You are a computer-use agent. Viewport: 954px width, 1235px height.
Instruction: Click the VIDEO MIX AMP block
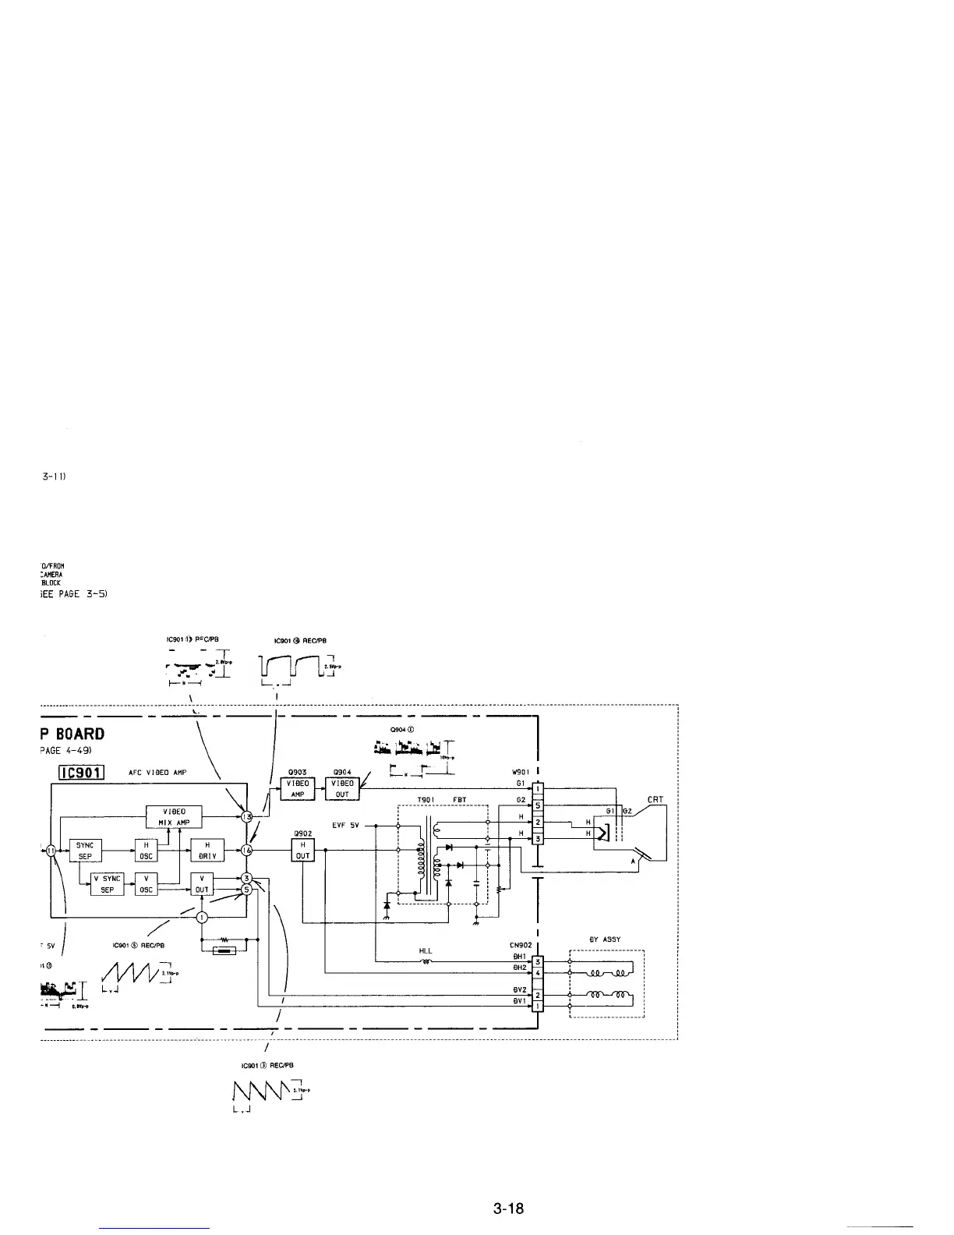pyautogui.click(x=174, y=817)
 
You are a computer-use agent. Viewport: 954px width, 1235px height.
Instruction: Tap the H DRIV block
pyautogui.click(x=207, y=850)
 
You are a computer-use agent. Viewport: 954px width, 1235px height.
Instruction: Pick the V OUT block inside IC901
pyautogui.click(x=202, y=884)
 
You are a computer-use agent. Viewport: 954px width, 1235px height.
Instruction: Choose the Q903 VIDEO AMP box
pyautogui.click(x=297, y=788)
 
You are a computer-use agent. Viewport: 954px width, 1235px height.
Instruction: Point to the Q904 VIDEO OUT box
pyautogui.click(x=342, y=788)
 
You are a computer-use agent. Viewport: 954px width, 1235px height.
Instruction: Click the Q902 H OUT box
pyautogui.click(x=302, y=850)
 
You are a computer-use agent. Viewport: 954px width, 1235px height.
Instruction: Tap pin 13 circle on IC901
pyautogui.click(x=247, y=816)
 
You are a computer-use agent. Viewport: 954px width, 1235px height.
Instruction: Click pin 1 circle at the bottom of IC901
pyautogui.click(x=202, y=917)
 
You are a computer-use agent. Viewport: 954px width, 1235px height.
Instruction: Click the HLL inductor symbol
pyautogui.click(x=426, y=961)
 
